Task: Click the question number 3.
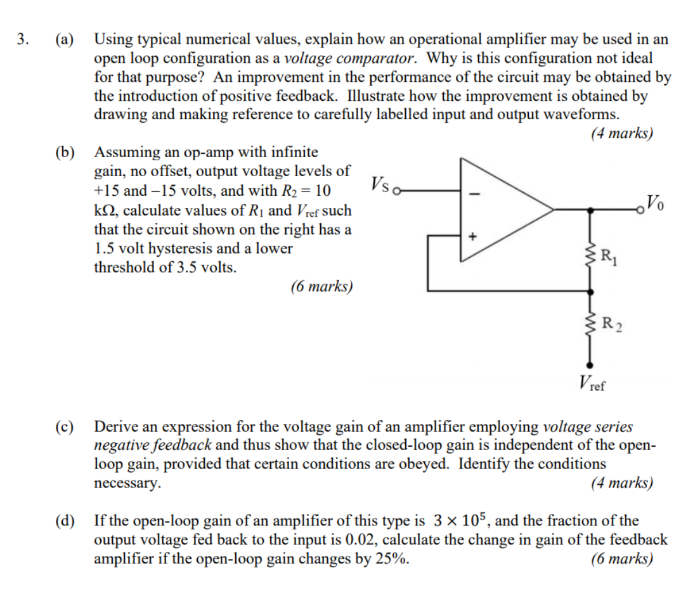tap(23, 39)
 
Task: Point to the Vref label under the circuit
tap(592, 383)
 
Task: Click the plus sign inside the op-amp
tap(471, 236)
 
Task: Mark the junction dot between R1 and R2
tap(591, 292)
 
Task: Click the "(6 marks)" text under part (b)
tap(321, 286)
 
